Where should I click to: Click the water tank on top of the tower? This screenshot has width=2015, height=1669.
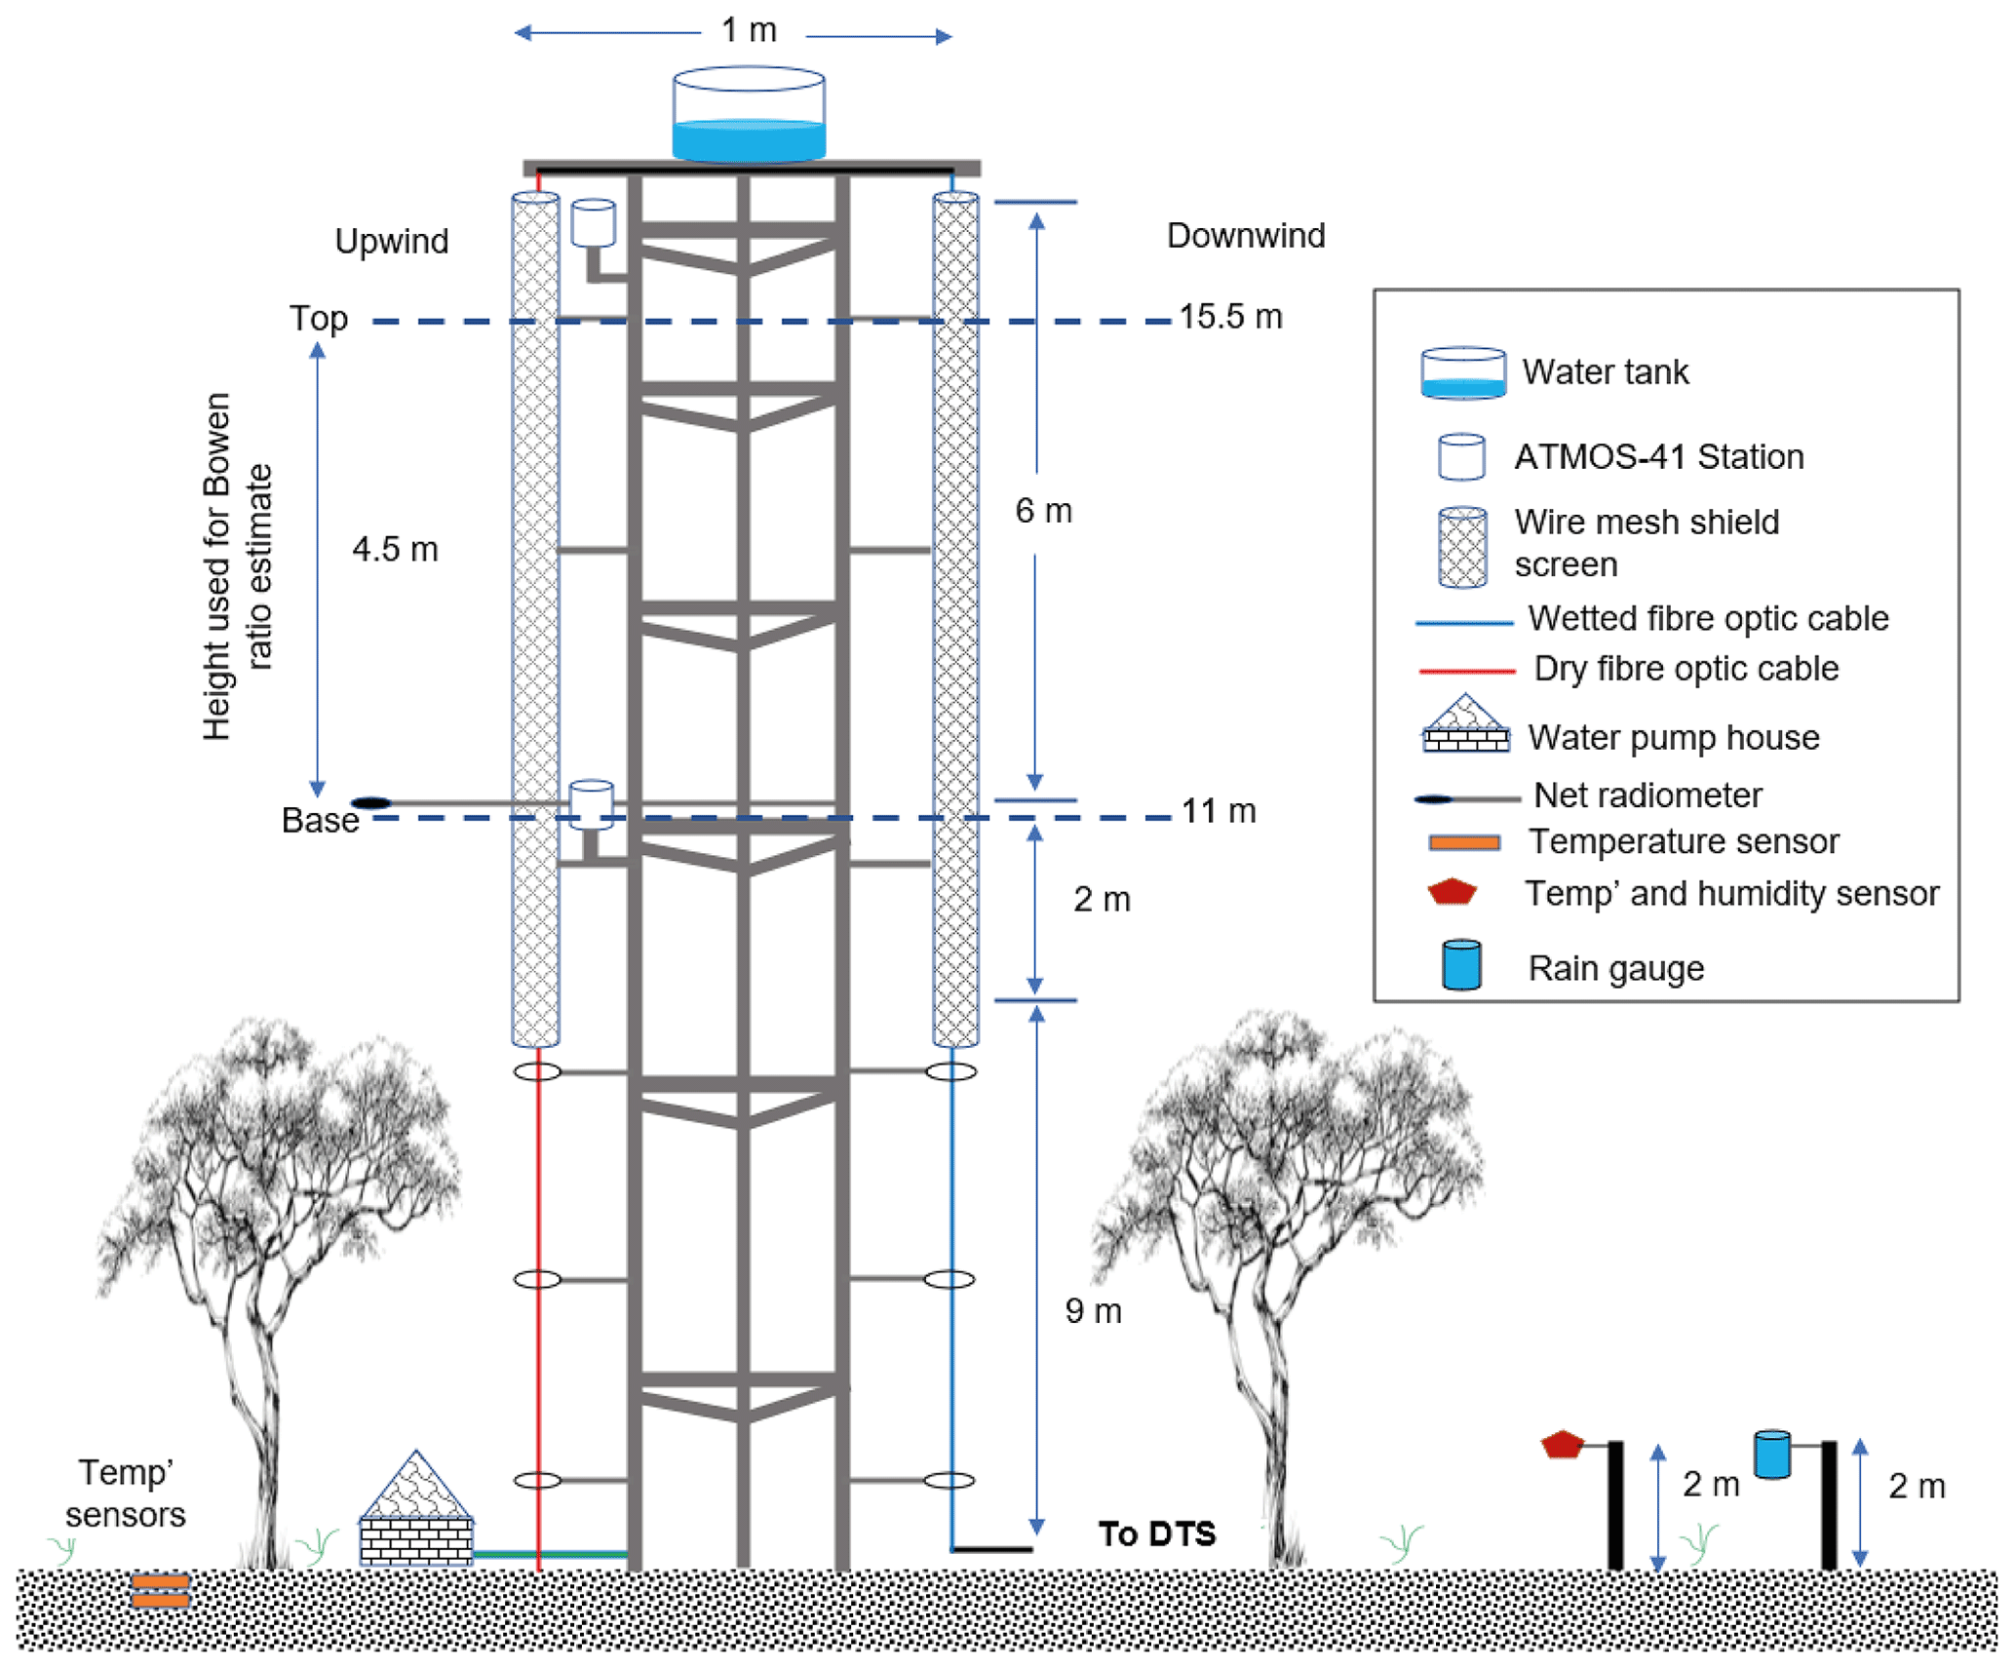tap(748, 114)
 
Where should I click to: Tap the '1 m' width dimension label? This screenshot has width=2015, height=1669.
tap(748, 30)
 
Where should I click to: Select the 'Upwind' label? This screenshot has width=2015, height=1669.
tap(391, 241)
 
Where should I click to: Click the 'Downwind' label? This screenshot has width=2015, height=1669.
tap(1245, 235)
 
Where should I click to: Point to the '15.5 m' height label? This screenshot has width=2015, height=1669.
tap(1230, 317)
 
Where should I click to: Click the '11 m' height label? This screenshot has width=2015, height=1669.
tap(1218, 810)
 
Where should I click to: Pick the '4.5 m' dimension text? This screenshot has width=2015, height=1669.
tap(395, 549)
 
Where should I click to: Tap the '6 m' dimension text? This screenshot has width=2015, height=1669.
tap(1043, 510)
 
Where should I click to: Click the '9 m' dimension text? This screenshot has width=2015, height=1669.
tap(1093, 1310)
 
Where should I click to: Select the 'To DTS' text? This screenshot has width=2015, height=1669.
tap(1156, 1533)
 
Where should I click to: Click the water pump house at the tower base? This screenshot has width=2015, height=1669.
tap(416, 1512)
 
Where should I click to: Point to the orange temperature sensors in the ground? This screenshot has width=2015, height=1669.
tap(160, 1591)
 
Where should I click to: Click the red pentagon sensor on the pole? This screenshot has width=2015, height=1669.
tap(1562, 1444)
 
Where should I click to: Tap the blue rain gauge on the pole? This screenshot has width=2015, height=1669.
tap(1771, 1454)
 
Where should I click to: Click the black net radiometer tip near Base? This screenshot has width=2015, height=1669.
tap(370, 802)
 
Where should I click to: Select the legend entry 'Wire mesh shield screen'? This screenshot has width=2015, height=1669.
tap(1646, 543)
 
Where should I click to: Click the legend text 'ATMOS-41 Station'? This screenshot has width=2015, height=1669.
tap(1658, 456)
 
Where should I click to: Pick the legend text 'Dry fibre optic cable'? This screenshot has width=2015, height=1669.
tap(1686, 668)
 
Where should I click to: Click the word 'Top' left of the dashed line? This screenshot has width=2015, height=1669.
tap(318, 319)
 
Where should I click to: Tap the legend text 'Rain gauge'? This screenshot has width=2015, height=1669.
tap(1615, 968)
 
